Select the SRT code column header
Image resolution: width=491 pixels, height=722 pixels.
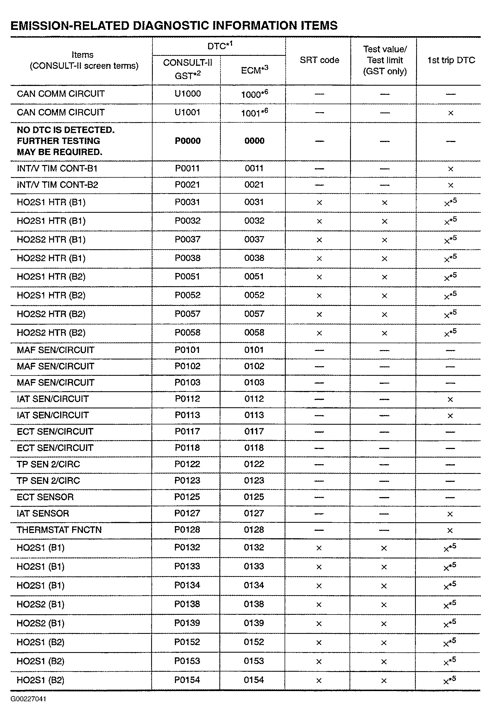319,60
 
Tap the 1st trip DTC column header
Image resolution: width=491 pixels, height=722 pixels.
451,60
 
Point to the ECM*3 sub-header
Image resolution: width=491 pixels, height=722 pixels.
254,70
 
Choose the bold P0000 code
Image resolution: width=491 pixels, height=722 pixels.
187,141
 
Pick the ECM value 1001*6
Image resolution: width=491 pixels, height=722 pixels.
254,112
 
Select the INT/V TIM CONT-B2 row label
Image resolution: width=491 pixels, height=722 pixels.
57,185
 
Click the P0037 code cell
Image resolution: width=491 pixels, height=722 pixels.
187,240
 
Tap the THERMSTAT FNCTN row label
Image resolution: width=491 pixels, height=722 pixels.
59,530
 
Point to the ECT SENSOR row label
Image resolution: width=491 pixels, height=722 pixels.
45,497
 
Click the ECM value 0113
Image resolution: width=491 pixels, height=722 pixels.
254,415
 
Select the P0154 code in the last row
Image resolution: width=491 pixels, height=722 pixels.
187,680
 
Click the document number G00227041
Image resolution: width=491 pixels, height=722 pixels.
28,699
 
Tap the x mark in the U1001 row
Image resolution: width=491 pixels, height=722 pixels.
451,113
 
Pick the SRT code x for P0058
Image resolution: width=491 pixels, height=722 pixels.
319,333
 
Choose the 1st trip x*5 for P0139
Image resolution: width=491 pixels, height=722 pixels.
449,623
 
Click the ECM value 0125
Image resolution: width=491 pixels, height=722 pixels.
254,497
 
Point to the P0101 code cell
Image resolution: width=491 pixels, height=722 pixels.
187,350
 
